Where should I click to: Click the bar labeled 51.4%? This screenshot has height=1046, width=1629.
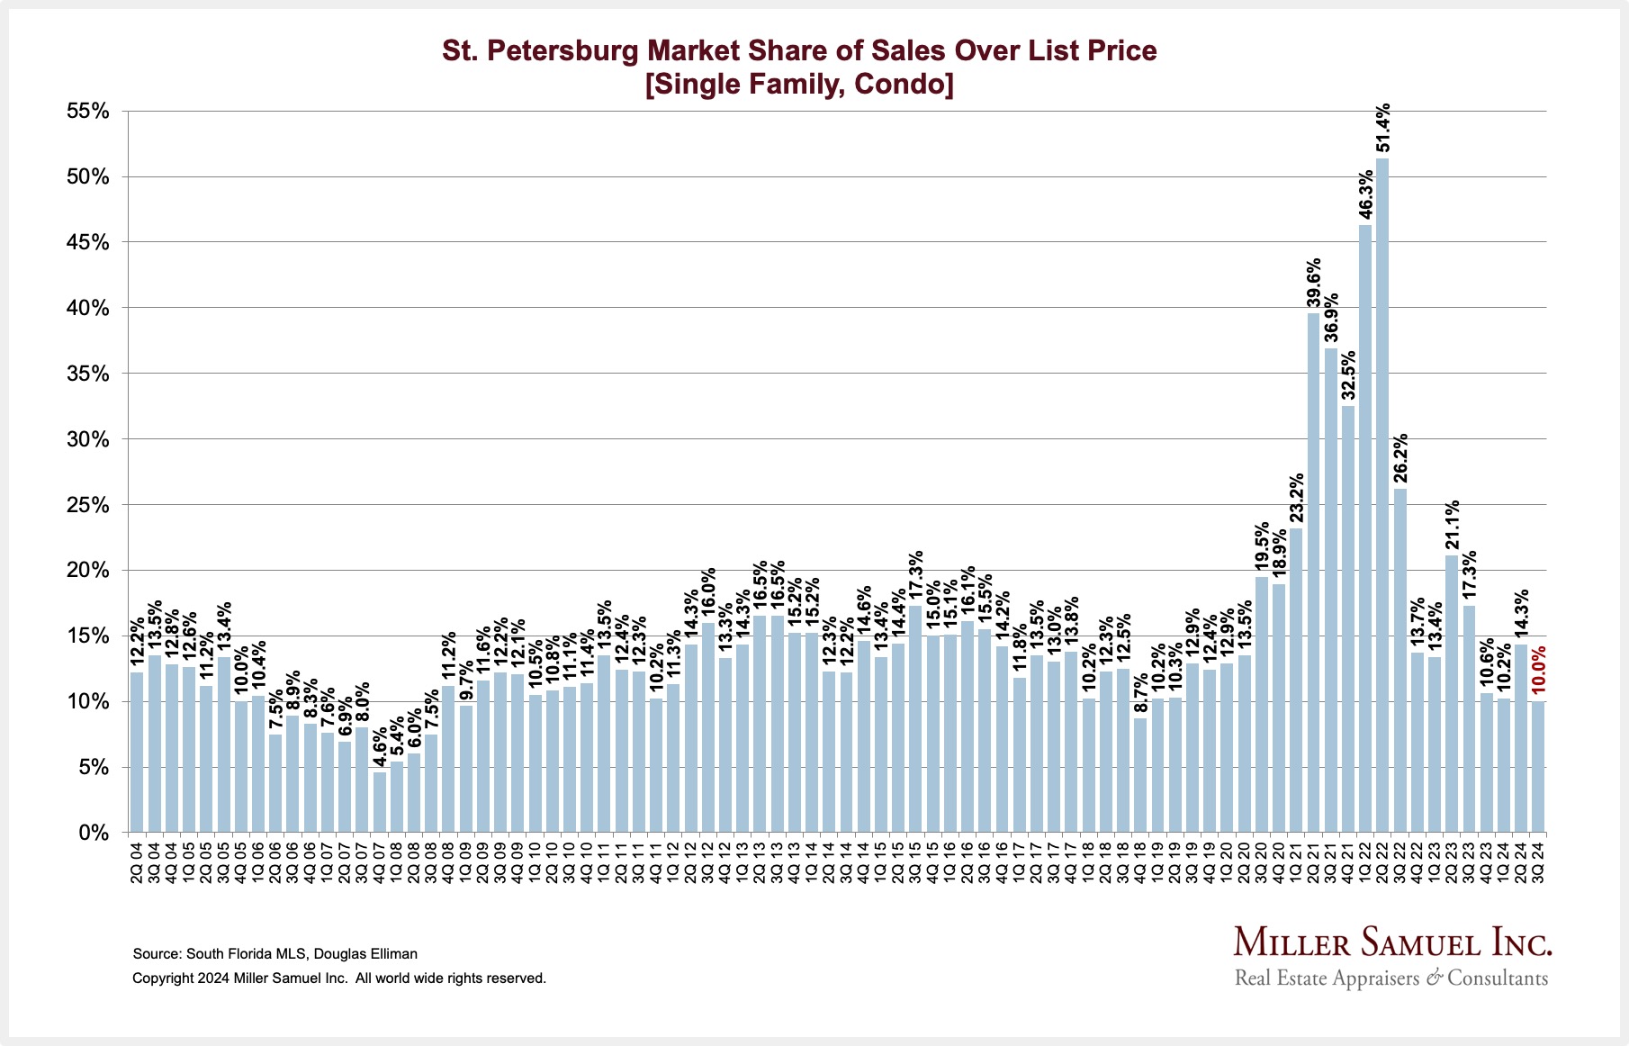point(1382,495)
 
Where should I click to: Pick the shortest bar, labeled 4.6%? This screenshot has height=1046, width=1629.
point(380,802)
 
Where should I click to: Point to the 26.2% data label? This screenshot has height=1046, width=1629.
point(1401,459)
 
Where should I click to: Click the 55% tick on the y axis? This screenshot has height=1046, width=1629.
point(87,112)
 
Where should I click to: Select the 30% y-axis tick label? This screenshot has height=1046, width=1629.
point(87,439)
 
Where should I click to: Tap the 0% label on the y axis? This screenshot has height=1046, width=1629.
point(94,834)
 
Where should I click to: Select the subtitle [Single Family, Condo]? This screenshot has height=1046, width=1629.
point(799,85)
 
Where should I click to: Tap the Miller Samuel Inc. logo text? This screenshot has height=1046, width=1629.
point(1392,942)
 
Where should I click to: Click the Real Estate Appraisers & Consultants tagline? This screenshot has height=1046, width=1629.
point(1391,978)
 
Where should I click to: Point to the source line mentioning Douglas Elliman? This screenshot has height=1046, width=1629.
point(274,953)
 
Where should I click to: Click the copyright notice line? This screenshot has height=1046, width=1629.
point(339,978)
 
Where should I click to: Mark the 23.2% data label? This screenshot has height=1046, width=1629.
point(1297,498)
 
